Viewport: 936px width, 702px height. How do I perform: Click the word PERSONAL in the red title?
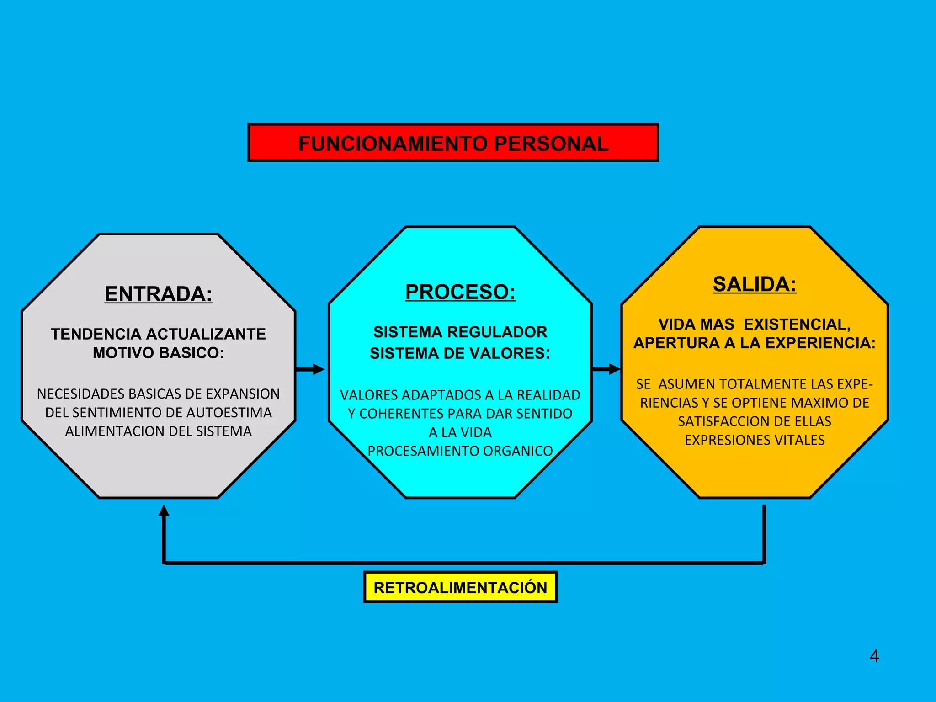click(x=551, y=144)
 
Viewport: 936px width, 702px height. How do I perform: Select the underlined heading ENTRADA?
click(x=158, y=294)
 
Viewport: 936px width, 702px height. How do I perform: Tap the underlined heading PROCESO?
click(x=460, y=292)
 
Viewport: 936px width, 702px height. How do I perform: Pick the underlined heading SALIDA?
click(x=754, y=284)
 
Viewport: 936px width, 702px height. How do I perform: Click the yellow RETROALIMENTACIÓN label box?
click(x=460, y=587)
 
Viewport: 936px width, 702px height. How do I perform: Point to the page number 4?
click(x=874, y=656)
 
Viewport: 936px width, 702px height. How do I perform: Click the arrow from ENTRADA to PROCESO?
click(x=310, y=369)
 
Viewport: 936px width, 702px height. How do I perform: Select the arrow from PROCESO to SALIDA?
click(x=606, y=369)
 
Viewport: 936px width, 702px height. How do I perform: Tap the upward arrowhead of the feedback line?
click(x=164, y=511)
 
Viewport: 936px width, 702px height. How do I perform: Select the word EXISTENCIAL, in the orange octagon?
click(x=797, y=324)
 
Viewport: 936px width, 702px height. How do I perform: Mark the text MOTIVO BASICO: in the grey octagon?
click(x=158, y=353)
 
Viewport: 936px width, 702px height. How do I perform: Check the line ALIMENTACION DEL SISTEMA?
click(x=158, y=431)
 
